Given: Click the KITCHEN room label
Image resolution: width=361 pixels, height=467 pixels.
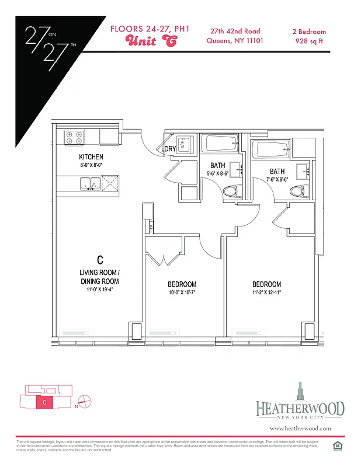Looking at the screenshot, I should [x=91, y=157].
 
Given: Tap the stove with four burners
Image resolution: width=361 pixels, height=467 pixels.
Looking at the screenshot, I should [x=74, y=137].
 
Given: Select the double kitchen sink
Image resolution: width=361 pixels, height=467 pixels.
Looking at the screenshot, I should [x=89, y=183].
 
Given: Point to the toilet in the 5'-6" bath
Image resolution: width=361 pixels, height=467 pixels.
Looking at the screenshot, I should [x=232, y=190].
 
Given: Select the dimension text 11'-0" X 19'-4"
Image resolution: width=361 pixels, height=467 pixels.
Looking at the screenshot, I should [x=100, y=290].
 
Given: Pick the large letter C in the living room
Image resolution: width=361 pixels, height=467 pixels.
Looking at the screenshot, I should [x=100, y=259].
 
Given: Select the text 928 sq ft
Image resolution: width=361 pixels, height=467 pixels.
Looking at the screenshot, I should [x=308, y=41].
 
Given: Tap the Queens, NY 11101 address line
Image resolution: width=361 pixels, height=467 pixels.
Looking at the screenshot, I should [x=236, y=41].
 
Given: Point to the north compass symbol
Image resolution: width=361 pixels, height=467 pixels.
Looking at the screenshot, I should [x=84, y=402].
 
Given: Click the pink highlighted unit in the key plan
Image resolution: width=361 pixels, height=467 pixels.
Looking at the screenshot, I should [x=44, y=402].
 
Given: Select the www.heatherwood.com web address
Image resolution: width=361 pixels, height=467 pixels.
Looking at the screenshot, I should [x=300, y=428].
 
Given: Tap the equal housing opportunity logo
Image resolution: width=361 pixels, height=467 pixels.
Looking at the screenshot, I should [x=336, y=447].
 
